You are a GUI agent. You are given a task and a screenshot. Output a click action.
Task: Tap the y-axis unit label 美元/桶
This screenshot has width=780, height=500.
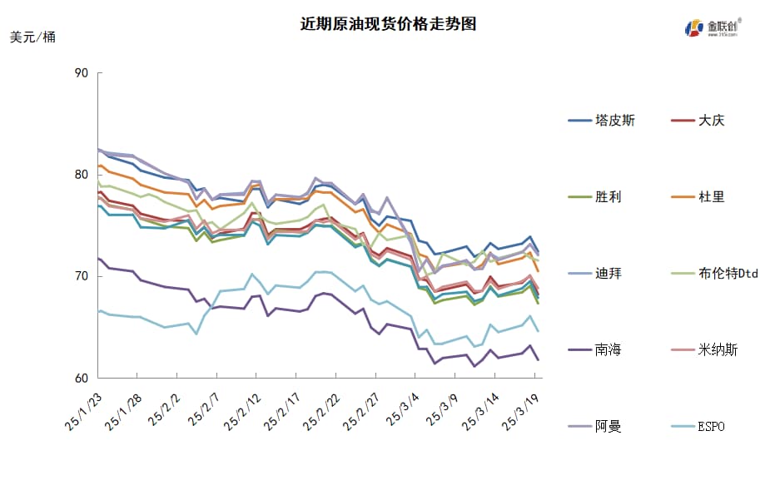click(x=33, y=37)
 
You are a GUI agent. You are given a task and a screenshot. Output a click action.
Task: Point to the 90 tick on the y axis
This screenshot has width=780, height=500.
click(x=81, y=73)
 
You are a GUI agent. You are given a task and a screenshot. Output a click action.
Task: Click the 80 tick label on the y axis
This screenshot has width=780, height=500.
click(x=81, y=175)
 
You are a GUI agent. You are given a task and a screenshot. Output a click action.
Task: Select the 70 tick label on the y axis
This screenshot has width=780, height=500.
click(x=81, y=276)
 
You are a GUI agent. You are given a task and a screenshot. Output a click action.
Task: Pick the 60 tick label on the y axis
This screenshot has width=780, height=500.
click(x=81, y=378)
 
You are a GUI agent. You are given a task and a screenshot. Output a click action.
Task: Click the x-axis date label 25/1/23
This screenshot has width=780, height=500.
click(x=82, y=412)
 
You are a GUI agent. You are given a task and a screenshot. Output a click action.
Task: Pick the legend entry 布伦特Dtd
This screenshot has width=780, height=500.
click(x=728, y=274)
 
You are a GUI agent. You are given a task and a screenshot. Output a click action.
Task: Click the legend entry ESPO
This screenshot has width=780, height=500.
click(x=711, y=427)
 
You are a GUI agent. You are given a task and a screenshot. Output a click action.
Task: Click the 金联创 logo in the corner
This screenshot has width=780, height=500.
click(x=713, y=27)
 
